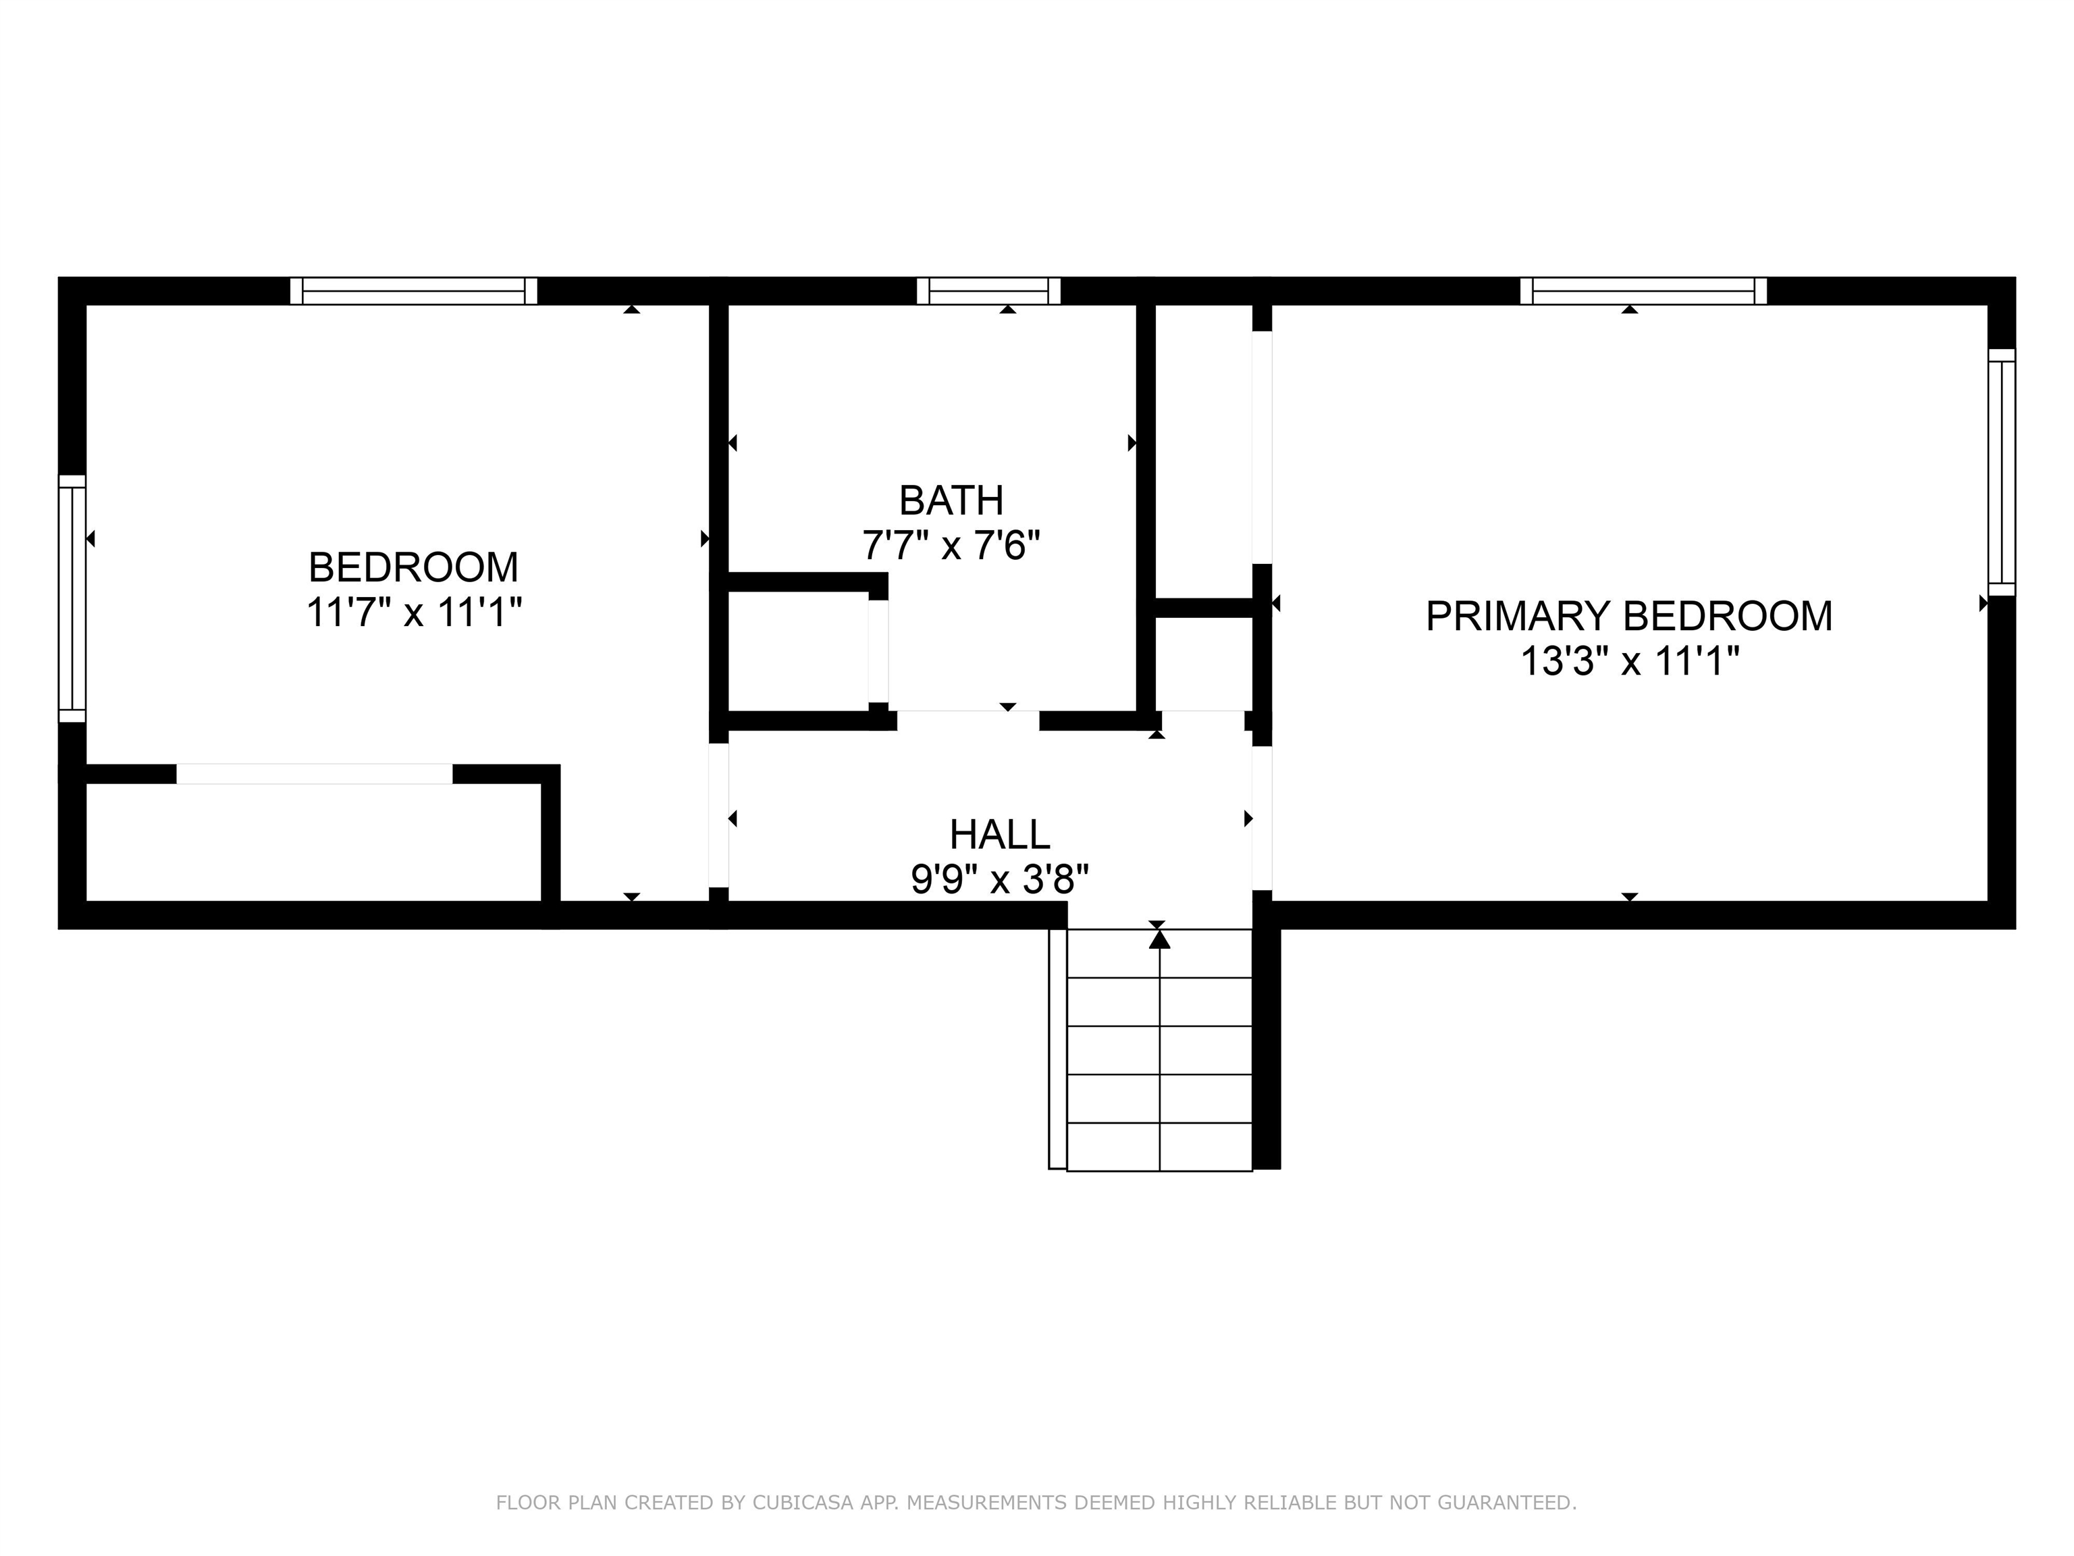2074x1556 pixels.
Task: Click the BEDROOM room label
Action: click(413, 567)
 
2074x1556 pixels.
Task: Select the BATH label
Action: click(951, 501)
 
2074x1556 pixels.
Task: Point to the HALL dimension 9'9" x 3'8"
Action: click(999, 880)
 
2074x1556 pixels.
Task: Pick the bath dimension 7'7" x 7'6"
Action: click(951, 545)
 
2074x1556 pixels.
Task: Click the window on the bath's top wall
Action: click(988, 291)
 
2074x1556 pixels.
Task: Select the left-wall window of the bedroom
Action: click(72, 598)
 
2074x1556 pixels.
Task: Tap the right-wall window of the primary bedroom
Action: click(2001, 472)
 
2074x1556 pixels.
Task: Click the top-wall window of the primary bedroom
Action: click(1643, 291)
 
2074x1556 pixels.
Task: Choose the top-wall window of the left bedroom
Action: click(413, 291)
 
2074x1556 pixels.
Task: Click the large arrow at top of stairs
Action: click(1160, 939)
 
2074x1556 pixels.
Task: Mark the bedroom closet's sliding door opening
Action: click(314, 774)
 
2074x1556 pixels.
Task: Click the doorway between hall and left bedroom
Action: click(718, 815)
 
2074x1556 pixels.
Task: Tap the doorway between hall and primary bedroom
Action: click(1262, 817)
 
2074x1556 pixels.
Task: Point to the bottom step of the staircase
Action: click(1160, 1146)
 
